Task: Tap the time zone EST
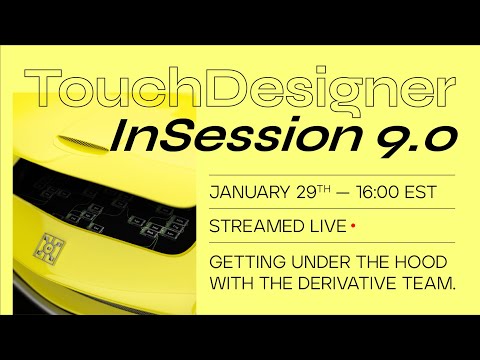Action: pos(427,192)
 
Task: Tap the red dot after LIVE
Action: pos(353,225)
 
